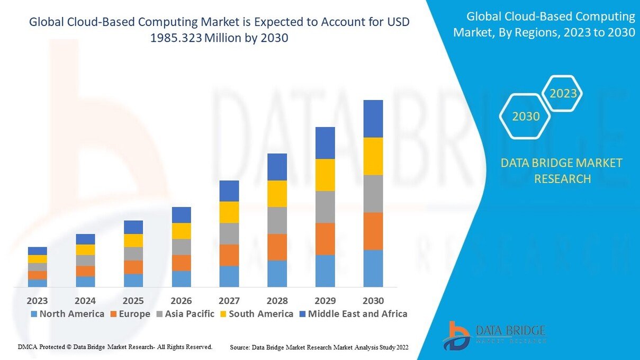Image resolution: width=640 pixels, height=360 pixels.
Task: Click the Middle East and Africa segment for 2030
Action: click(373, 119)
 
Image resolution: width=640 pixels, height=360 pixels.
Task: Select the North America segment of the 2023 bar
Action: click(38, 283)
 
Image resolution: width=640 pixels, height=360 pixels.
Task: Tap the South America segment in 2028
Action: click(277, 194)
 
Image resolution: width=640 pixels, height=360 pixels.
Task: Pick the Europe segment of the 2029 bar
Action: click(325, 239)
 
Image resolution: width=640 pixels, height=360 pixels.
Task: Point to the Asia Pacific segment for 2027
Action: click(229, 233)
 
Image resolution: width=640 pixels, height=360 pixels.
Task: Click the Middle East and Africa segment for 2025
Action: click(133, 227)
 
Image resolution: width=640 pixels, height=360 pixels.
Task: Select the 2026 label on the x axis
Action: click(181, 301)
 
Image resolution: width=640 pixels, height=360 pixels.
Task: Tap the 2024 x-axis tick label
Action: click(85, 301)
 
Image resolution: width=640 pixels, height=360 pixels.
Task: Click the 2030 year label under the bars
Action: click(373, 301)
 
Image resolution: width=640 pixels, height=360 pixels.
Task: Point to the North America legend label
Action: click(71, 314)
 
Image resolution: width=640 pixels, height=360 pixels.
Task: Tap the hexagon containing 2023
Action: click(563, 94)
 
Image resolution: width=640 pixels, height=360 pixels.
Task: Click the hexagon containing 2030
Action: click(526, 116)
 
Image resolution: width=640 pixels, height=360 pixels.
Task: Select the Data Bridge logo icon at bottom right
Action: click(456, 335)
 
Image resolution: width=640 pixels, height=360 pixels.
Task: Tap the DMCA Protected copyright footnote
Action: click(115, 347)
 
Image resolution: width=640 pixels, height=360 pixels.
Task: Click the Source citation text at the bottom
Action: click(319, 347)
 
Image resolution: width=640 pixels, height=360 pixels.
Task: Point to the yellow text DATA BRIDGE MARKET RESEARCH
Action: click(562, 170)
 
